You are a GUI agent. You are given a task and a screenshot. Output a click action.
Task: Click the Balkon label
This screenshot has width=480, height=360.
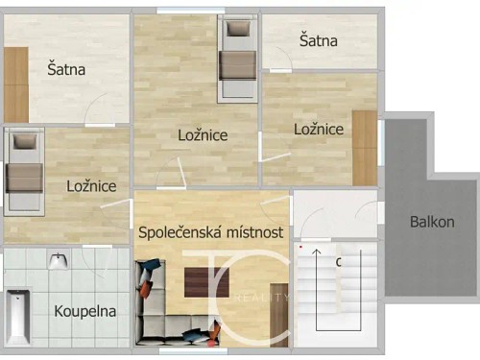point(432,222)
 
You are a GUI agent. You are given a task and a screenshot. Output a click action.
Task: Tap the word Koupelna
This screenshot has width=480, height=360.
point(85,311)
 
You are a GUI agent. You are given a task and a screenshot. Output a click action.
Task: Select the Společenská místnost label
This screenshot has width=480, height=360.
point(210,232)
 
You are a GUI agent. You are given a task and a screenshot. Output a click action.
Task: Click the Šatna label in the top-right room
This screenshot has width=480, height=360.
point(318,40)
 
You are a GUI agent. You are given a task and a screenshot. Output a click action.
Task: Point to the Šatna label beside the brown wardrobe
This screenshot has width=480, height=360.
point(67,69)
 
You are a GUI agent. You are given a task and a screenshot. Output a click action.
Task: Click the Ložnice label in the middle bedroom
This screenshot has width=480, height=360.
point(203,135)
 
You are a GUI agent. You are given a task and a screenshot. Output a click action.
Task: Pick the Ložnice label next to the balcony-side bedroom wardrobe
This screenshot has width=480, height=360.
point(319,129)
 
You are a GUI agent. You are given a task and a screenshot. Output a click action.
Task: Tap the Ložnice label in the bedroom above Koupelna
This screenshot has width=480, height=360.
point(91,186)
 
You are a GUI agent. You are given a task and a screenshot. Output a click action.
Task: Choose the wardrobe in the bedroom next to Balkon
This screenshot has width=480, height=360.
point(365,147)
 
